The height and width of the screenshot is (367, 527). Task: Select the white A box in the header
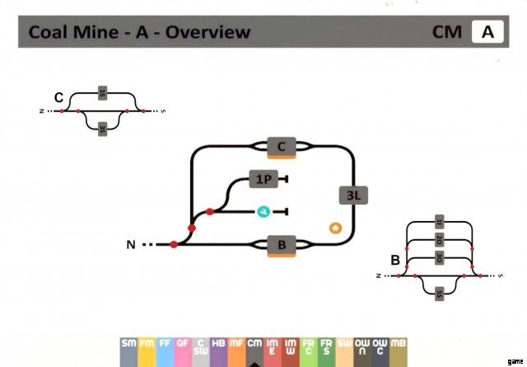(x=487, y=33)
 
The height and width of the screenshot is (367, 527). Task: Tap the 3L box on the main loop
(x=353, y=195)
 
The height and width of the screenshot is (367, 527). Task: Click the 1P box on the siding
(x=263, y=178)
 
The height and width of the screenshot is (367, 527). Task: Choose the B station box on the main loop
(x=281, y=245)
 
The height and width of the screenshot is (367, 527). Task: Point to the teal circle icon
(x=263, y=211)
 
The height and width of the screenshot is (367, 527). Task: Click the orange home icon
(x=335, y=227)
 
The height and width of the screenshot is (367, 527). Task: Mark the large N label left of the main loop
(x=131, y=245)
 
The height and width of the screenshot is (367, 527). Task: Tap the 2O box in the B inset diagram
(x=438, y=241)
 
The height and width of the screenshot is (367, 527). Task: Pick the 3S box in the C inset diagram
(x=102, y=129)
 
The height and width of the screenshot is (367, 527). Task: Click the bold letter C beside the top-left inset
(x=59, y=98)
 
